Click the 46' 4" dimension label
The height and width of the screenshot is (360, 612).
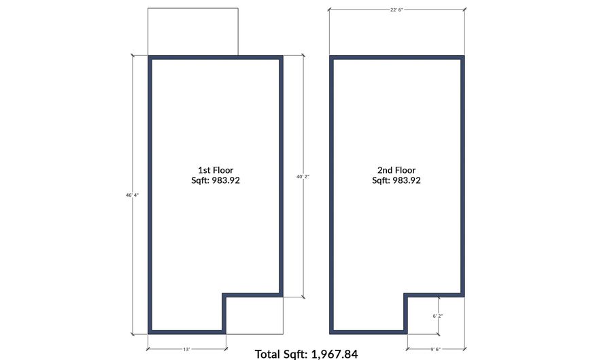pyautogui.click(x=132, y=195)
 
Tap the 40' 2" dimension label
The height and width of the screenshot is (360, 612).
pyautogui.click(x=303, y=176)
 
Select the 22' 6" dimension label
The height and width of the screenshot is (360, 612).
pyautogui.click(x=396, y=10)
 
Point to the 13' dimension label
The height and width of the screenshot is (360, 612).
pyautogui.click(x=186, y=350)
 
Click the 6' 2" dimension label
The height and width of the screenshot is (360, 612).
pyautogui.click(x=438, y=316)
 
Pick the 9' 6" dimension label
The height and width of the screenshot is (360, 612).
pyautogui.click(x=436, y=350)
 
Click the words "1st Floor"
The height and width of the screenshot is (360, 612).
pyautogui.click(x=216, y=170)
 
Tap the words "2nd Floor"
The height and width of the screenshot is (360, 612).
pyautogui.click(x=396, y=170)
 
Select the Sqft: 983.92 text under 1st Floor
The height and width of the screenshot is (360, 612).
pyautogui.click(x=216, y=180)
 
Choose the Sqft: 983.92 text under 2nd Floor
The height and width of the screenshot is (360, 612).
pyautogui.click(x=396, y=180)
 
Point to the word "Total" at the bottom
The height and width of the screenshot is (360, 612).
pyautogui.click(x=267, y=354)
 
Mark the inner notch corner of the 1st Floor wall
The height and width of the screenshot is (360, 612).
pyautogui.click(x=224, y=295)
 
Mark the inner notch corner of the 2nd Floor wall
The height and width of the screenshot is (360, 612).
pyautogui.click(x=406, y=295)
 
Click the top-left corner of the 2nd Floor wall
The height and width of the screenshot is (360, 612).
pyautogui.click(x=331, y=57)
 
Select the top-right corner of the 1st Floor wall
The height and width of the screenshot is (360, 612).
pyautogui.click(x=282, y=57)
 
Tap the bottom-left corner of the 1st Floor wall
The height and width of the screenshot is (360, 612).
pyautogui.click(x=150, y=333)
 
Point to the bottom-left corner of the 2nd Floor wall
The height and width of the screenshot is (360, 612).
pyautogui.click(x=331, y=333)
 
